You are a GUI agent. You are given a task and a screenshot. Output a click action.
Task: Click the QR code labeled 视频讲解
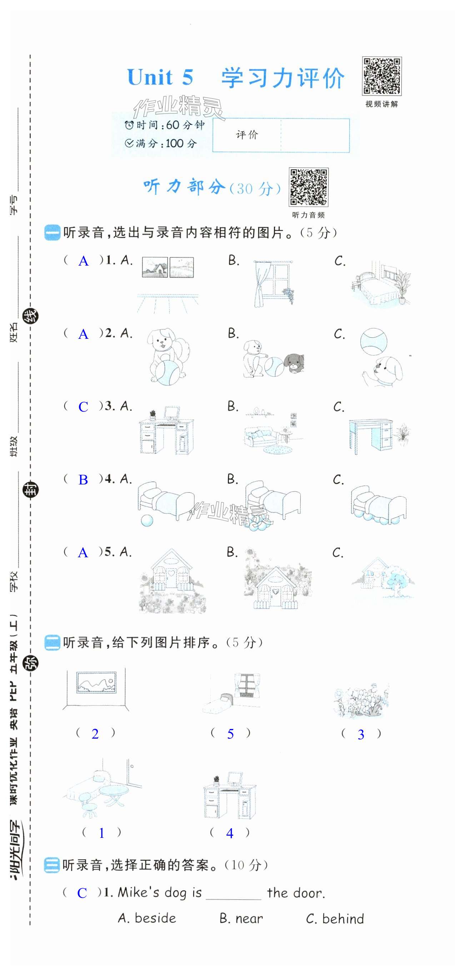381,76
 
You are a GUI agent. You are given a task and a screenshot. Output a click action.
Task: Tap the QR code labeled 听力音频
308,187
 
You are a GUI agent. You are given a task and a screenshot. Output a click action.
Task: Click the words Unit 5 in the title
160,77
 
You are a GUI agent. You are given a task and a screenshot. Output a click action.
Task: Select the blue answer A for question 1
84,261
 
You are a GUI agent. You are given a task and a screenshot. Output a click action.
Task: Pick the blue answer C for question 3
83,407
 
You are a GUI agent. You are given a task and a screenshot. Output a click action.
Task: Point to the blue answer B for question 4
83,480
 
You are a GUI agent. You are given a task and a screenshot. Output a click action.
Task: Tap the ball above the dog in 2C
374,341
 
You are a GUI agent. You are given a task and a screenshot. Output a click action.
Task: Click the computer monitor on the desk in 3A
172,413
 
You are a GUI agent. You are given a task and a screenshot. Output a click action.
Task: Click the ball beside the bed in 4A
147,520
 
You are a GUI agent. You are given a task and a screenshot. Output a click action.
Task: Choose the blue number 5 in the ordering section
230,734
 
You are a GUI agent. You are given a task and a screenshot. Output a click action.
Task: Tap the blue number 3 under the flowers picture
361,735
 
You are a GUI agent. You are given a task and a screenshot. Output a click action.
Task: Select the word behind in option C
343,919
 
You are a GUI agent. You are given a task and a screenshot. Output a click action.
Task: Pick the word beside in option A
155,919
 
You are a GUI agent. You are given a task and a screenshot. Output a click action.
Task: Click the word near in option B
249,919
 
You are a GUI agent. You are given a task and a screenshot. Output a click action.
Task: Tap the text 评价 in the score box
247,135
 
